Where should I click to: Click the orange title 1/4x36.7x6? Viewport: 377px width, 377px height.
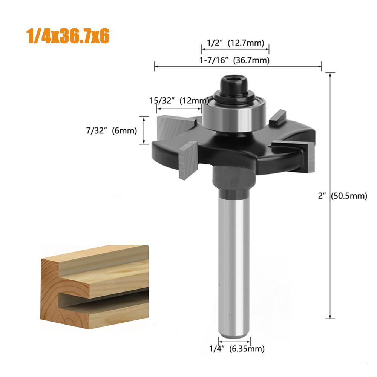point(68,36)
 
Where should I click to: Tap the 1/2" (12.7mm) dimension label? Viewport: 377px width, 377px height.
point(235,43)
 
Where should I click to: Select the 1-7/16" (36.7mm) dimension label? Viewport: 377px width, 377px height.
point(234,60)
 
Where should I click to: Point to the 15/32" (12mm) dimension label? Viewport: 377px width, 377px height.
point(179,100)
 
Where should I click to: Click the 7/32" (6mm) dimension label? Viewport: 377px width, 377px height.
point(112,131)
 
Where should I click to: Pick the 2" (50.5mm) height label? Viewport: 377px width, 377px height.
point(343,196)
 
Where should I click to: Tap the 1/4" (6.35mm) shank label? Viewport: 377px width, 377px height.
point(237,349)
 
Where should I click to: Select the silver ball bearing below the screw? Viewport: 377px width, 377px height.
point(234,115)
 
